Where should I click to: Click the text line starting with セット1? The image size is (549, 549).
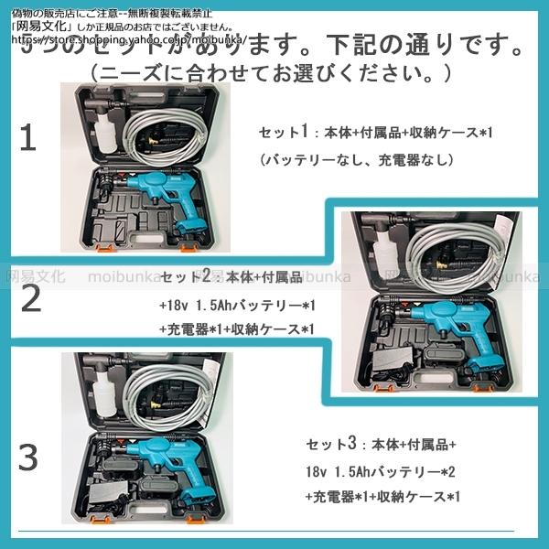tap(375, 134)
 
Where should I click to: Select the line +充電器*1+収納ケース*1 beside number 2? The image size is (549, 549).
tap(242, 329)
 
